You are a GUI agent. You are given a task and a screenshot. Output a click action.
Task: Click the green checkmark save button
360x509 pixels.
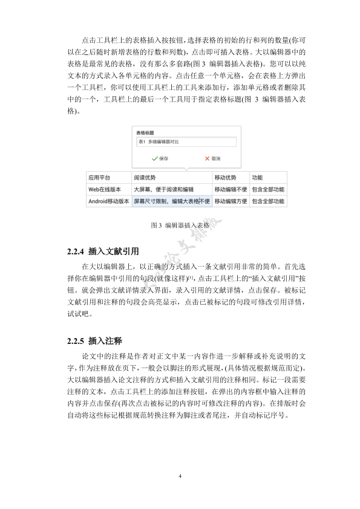160,158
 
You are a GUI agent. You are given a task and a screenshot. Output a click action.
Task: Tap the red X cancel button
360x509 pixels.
211,158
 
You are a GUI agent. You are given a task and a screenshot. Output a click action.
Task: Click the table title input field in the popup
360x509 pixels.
185,141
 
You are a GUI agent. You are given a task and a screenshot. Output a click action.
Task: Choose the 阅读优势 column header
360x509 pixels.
145,178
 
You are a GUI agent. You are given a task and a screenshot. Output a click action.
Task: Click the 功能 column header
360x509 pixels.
257,178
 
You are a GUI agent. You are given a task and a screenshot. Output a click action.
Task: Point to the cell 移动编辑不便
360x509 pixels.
231,189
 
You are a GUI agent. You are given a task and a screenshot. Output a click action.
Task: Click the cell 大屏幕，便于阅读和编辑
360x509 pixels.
164,189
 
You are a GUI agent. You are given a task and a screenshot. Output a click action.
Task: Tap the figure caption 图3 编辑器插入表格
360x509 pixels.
180,225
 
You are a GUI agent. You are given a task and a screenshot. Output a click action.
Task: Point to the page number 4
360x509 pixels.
180,476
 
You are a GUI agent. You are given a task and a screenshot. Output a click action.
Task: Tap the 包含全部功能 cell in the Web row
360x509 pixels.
267,189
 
